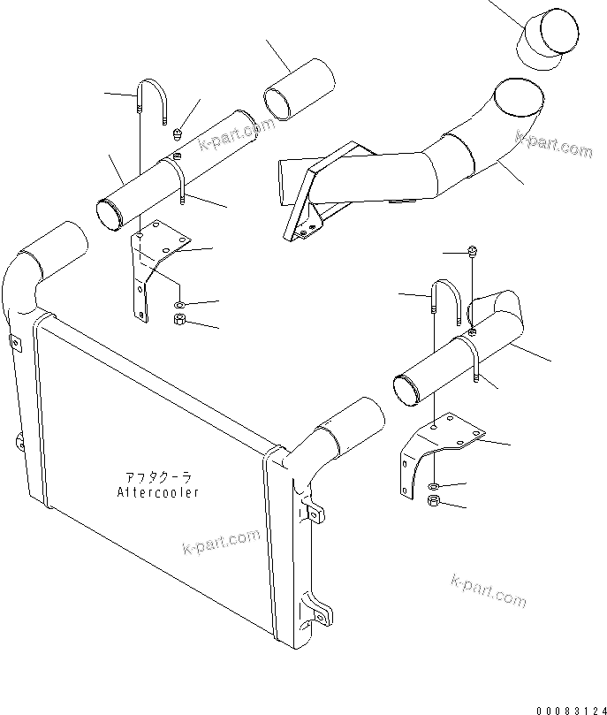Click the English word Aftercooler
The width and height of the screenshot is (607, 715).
(x=157, y=491)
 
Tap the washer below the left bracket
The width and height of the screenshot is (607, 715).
(x=179, y=305)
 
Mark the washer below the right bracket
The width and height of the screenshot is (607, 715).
(x=436, y=487)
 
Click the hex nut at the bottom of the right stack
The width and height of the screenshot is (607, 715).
(x=435, y=503)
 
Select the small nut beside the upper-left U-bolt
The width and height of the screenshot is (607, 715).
(x=177, y=134)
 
